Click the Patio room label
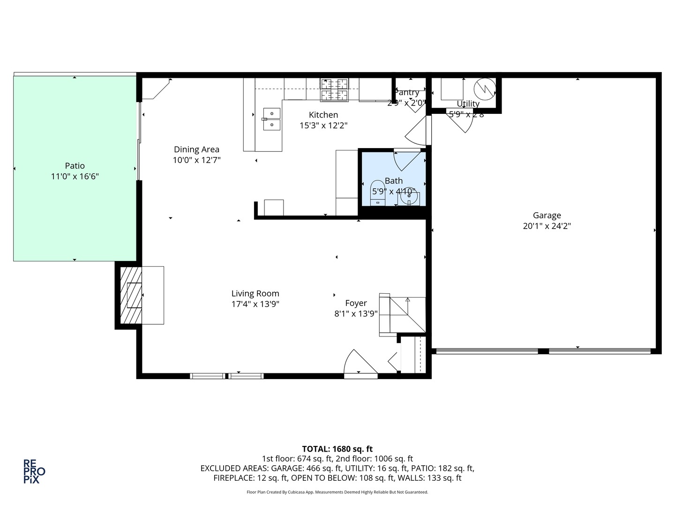point(75,166)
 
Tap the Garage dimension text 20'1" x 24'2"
point(547,226)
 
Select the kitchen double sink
point(271,119)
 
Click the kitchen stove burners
point(334,89)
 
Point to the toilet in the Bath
point(377,192)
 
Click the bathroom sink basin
point(409,197)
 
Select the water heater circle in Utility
point(484,88)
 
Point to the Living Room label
point(255,294)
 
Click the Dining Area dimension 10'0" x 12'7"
point(196,160)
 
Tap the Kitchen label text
point(323,115)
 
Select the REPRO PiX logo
point(34,471)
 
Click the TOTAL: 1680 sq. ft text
point(337,449)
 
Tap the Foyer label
point(356,303)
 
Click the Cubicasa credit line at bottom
point(337,492)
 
